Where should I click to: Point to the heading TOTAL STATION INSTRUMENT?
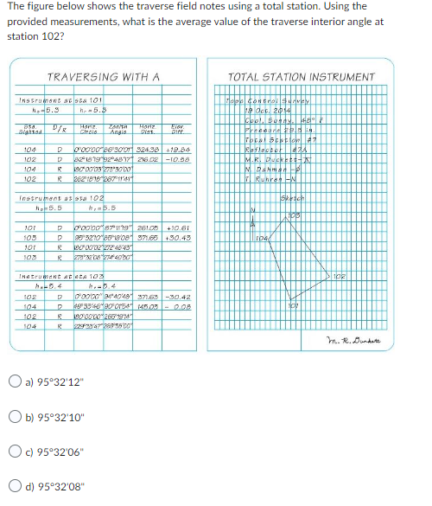(300, 77)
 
